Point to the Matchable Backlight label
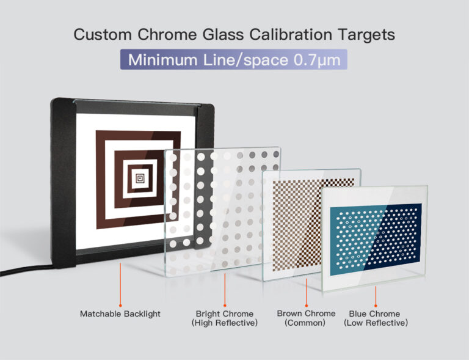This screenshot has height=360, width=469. [x=120, y=314]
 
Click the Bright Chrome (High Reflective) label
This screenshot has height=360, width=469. [x=225, y=318]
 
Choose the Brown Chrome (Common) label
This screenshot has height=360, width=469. [x=306, y=318]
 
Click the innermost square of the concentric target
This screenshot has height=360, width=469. [x=139, y=178]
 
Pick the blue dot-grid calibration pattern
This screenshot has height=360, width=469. [x=376, y=235]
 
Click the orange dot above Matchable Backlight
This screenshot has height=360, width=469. [x=120, y=304]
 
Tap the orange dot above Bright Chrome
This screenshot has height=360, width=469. [x=225, y=304]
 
